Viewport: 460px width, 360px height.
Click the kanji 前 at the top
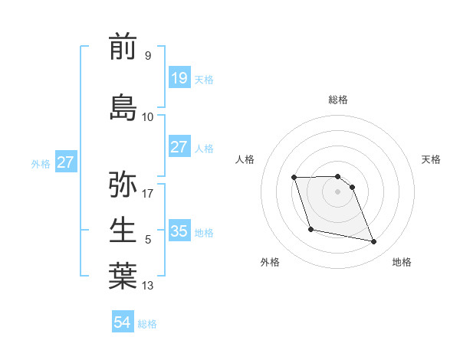pyautogui.click(x=123, y=47)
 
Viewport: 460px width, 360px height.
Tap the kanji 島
pyautogui.click(x=123, y=107)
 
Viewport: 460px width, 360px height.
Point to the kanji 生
pyautogui.click(x=123, y=230)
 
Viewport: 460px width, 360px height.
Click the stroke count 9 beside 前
pyautogui.click(x=147, y=56)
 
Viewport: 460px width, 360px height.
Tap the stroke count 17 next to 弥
pyautogui.click(x=148, y=193)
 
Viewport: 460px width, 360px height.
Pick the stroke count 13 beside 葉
pyautogui.click(x=148, y=286)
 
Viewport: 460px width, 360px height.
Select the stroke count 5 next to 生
pyautogui.click(x=147, y=240)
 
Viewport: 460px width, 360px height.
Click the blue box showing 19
pyautogui.click(x=179, y=78)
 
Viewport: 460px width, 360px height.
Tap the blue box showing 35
pyautogui.click(x=179, y=231)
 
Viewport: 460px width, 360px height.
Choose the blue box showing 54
pyautogui.click(x=122, y=322)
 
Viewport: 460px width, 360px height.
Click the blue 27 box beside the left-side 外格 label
pyautogui.click(x=65, y=162)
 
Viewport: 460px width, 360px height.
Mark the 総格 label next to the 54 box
pyautogui.click(x=147, y=324)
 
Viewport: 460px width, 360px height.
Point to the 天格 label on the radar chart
pyautogui.click(x=431, y=159)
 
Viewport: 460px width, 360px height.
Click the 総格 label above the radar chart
pyautogui.click(x=337, y=100)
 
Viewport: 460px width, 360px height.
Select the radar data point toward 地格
pyautogui.click(x=373, y=242)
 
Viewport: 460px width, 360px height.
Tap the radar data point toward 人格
pyautogui.click(x=294, y=178)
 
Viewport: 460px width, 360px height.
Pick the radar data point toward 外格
pyautogui.click(x=310, y=229)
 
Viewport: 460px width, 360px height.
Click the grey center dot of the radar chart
pyautogui.click(x=337, y=191)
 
